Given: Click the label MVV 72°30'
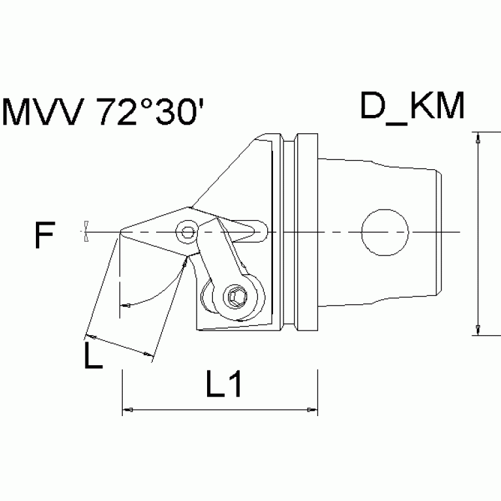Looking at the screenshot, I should click(104, 113).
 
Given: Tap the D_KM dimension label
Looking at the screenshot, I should click(412, 107).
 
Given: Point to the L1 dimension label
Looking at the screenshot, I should click(224, 387).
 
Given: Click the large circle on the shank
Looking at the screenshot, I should click(385, 232).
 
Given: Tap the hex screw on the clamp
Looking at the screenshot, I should click(234, 297).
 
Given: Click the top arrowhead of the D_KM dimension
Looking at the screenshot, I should click(479, 139).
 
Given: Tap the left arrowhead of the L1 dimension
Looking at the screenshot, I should click(129, 410).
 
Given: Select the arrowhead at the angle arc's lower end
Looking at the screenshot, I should click(125, 304).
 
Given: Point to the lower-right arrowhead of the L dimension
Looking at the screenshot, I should click(149, 355).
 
